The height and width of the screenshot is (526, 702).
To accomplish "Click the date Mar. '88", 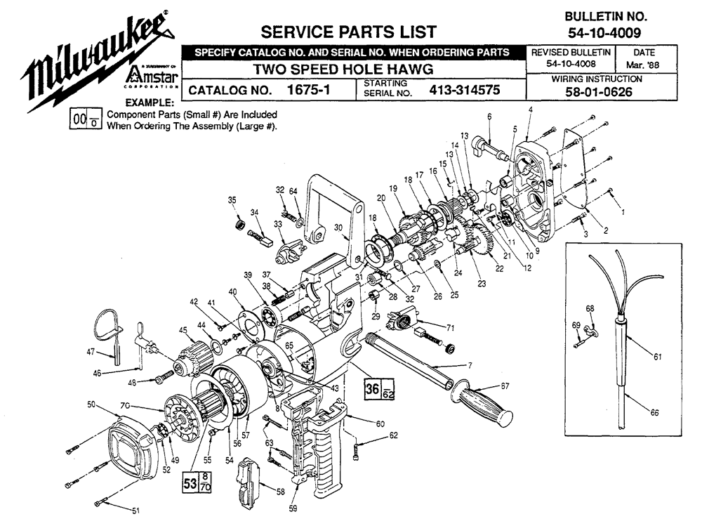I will pos(644,65).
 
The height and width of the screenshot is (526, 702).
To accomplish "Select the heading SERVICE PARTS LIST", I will pos(348,32).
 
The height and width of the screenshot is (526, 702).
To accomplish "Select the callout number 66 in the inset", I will pos(654,413).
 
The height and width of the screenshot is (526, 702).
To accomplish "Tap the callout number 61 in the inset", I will pos(657,357).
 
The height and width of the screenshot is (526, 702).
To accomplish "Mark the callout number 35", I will pos(232,201).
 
